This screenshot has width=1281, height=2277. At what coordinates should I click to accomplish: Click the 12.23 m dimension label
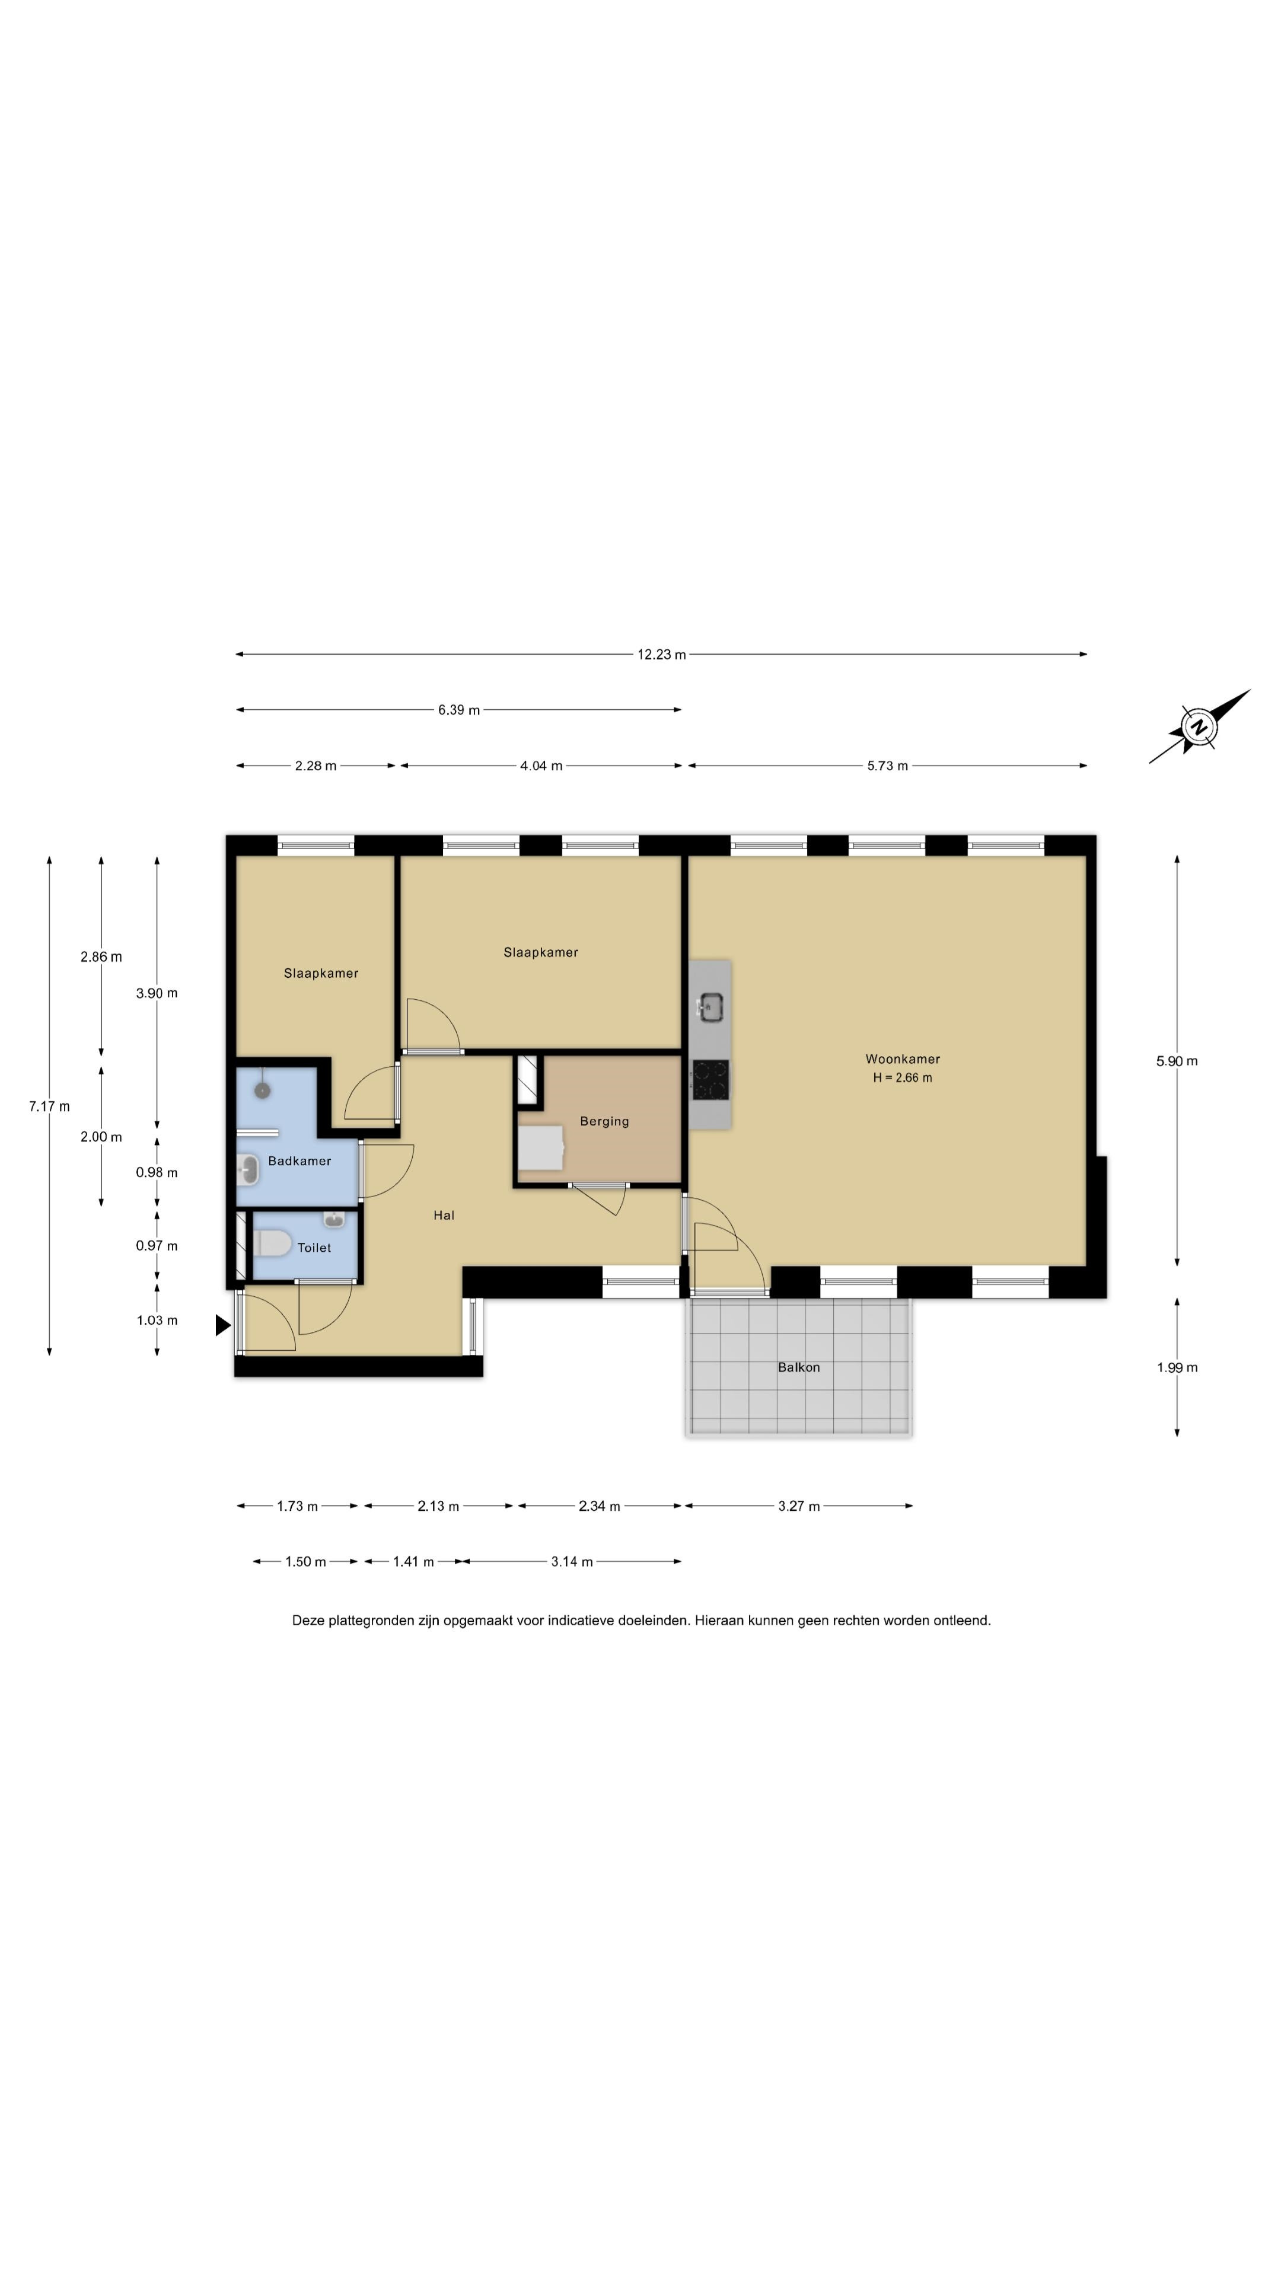pyautogui.click(x=661, y=655)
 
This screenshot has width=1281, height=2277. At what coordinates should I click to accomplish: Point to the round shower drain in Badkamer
pyautogui.click(x=263, y=1091)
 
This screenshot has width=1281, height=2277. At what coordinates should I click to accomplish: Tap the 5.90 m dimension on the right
pyautogui.click(x=1177, y=1061)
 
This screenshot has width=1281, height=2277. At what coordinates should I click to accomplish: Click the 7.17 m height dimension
pyautogui.click(x=49, y=1106)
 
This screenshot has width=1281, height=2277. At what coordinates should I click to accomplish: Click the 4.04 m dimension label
pyautogui.click(x=541, y=766)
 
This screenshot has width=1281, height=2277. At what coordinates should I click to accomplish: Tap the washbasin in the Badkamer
pyautogui.click(x=247, y=1171)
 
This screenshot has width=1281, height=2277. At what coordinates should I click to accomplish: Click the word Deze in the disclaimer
pyautogui.click(x=308, y=1620)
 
